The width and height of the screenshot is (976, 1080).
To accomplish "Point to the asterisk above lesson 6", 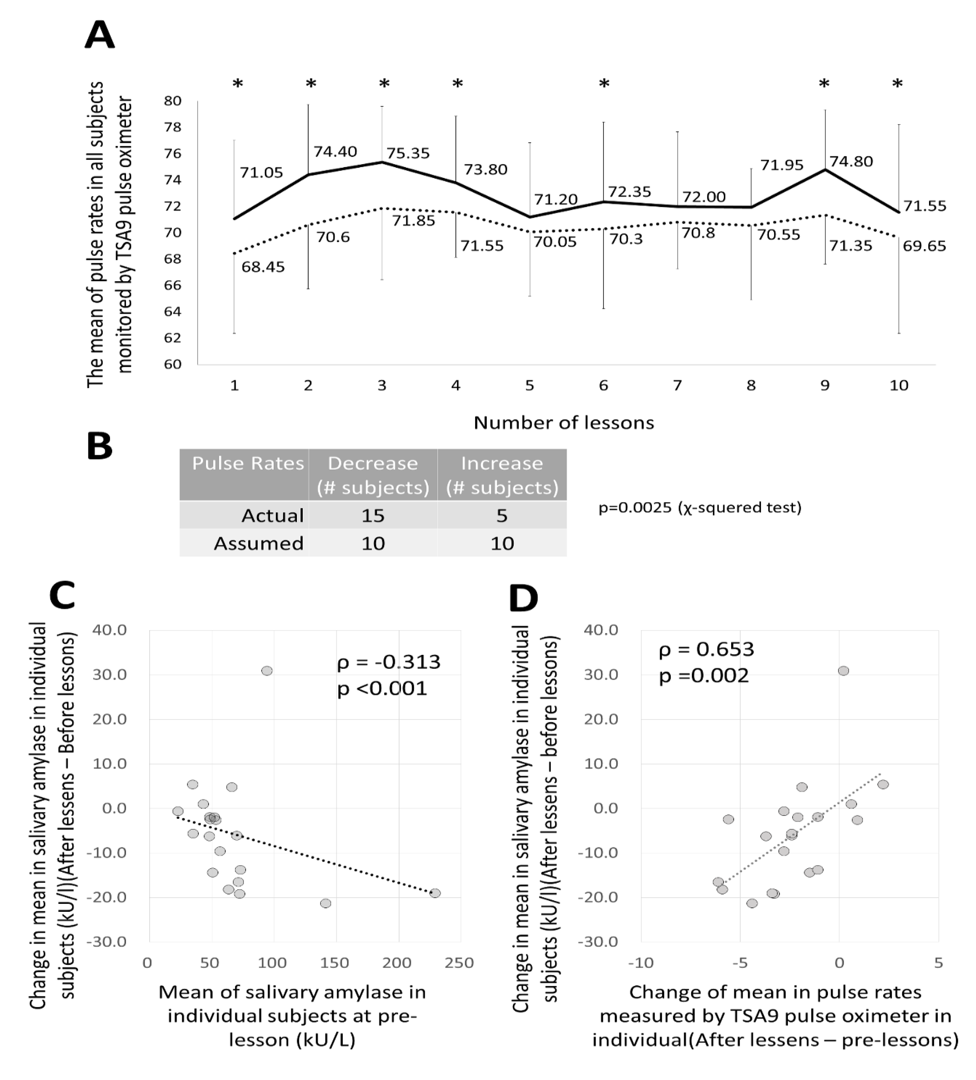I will (x=604, y=84).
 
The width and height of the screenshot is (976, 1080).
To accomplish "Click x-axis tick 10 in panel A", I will (x=898, y=385).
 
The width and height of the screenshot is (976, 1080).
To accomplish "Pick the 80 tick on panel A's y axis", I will (x=172, y=101).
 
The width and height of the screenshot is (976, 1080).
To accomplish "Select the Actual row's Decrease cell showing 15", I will (x=373, y=515).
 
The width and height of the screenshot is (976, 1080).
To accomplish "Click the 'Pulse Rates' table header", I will (x=247, y=463).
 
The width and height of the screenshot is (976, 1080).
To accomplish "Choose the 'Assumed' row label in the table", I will (x=259, y=543).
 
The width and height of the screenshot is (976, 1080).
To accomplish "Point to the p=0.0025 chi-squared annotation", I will (x=700, y=507).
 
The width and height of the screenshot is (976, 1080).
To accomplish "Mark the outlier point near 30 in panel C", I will (x=267, y=671).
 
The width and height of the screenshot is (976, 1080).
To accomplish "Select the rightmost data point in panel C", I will (x=435, y=893).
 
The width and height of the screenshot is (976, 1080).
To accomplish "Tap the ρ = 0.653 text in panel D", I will (x=706, y=649).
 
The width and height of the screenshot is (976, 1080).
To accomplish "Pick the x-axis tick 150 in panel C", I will (x=335, y=963).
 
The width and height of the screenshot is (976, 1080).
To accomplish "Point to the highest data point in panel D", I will (x=843, y=671).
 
